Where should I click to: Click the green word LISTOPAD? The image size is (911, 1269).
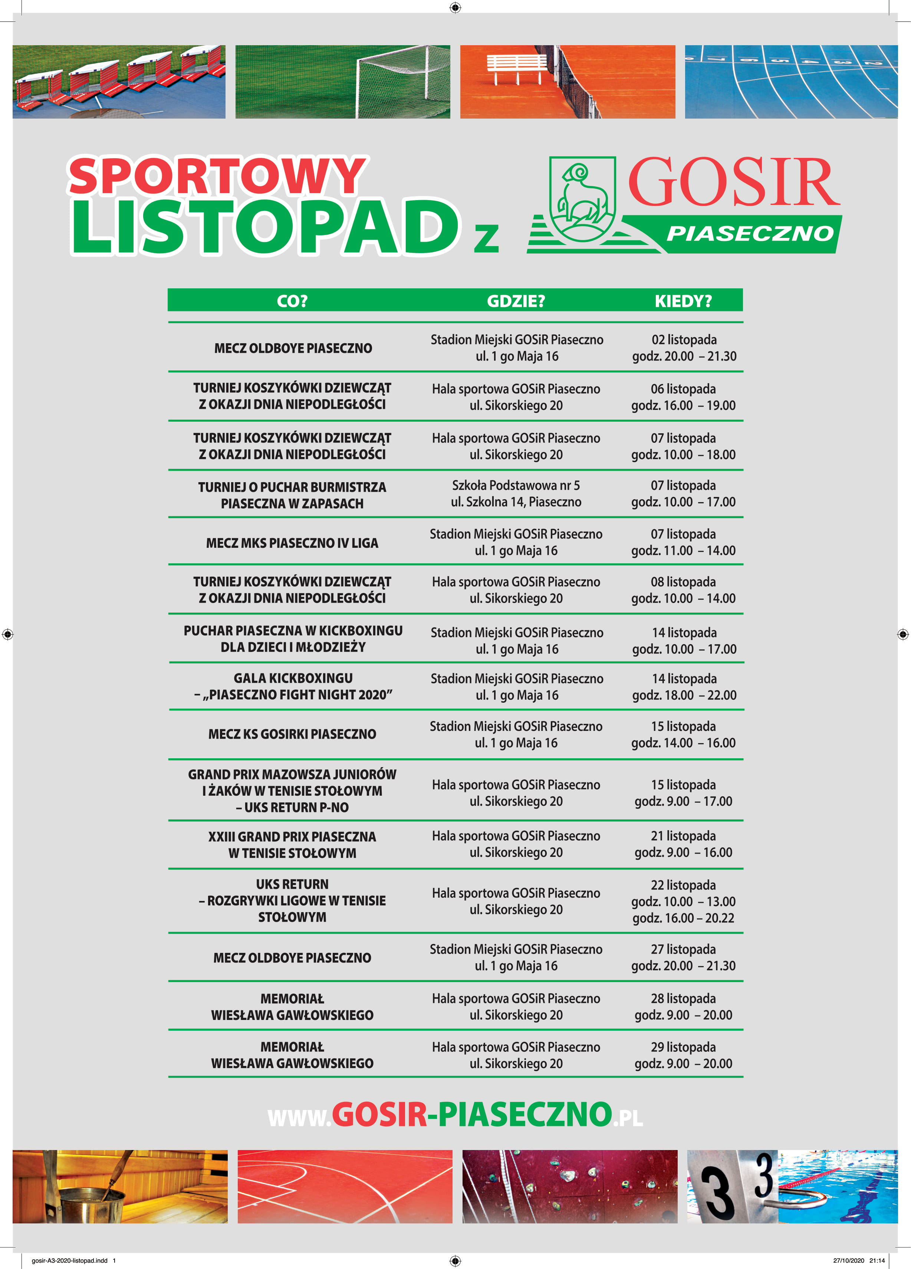[x=265, y=226]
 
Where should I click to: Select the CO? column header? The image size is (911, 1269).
[x=292, y=301]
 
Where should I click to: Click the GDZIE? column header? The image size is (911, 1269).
[x=516, y=301]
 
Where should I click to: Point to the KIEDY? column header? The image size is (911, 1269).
[x=683, y=301]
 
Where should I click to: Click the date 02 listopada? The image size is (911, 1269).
[x=684, y=339]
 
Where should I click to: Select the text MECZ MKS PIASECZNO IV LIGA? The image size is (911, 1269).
[x=292, y=543]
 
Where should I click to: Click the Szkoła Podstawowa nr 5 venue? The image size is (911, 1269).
[x=516, y=485]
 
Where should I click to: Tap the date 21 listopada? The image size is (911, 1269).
[x=683, y=836]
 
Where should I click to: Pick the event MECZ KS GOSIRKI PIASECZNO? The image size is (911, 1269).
[x=292, y=734]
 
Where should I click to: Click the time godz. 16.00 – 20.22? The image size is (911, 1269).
[x=683, y=918]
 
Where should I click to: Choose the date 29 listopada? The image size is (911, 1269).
[x=683, y=1047]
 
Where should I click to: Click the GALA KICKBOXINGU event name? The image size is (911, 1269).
[x=293, y=678]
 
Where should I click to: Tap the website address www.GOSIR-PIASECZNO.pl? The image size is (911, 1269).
[x=455, y=1114]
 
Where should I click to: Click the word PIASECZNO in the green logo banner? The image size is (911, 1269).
[x=750, y=233]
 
